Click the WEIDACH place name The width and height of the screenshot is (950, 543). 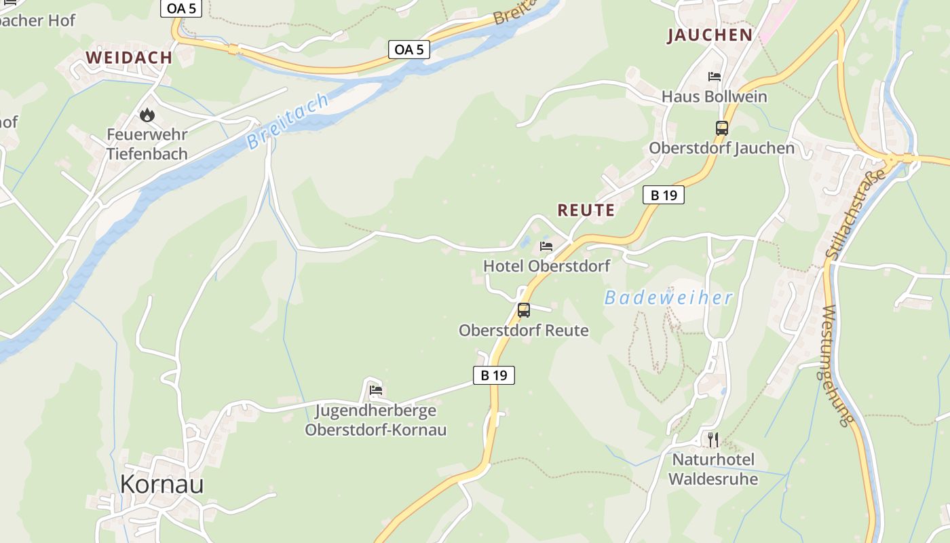[x=129, y=58]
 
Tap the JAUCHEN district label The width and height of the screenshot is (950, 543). [x=710, y=35]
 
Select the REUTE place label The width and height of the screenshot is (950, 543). [x=586, y=210]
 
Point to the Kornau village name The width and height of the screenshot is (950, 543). [x=161, y=484]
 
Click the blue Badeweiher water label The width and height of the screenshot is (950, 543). [x=668, y=297]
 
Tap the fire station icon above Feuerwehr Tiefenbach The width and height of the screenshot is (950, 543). [x=147, y=115]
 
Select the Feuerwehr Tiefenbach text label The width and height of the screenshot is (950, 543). [x=147, y=144]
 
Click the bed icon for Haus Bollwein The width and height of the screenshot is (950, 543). [x=715, y=77]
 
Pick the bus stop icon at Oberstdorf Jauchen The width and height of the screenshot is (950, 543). [x=721, y=128]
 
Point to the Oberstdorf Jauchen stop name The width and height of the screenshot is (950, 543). [x=721, y=148]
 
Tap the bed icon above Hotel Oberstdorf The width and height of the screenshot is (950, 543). [x=546, y=246]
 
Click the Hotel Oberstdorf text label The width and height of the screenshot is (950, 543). [x=546, y=266]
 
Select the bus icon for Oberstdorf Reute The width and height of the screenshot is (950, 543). [x=523, y=310]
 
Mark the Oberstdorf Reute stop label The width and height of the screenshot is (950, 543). [x=523, y=331]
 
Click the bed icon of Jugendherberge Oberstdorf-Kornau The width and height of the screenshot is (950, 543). [x=376, y=390]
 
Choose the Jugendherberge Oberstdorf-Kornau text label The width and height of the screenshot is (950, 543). [x=375, y=420]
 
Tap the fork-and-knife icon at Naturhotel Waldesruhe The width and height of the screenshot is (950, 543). [x=712, y=440]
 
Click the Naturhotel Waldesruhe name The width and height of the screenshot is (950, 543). [x=712, y=469]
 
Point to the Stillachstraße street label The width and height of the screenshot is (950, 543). [x=856, y=214]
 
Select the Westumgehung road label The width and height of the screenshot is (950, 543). [x=837, y=367]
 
